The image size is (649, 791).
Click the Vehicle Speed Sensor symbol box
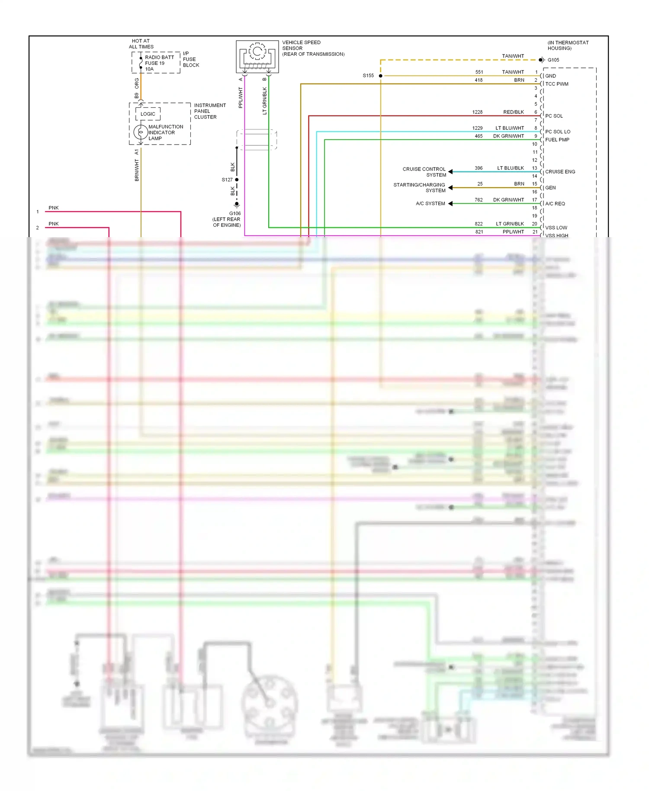(257, 57)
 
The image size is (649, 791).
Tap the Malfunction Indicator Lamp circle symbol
(141, 132)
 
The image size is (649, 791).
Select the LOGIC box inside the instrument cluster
(148, 114)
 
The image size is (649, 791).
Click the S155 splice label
(368, 76)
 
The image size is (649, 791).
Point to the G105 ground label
(553, 60)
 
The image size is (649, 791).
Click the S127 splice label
(227, 180)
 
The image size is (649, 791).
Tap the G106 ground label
(235, 213)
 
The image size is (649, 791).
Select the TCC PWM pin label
(557, 84)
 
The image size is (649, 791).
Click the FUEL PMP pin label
(557, 140)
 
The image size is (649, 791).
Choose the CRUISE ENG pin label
(560, 172)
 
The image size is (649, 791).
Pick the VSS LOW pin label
(556, 228)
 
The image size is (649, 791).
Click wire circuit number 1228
(477, 112)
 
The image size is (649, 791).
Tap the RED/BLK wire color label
(514, 112)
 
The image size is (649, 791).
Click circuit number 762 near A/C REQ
(479, 200)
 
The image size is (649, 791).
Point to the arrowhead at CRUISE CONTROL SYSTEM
(450, 172)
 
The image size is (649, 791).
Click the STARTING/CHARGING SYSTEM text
(419, 188)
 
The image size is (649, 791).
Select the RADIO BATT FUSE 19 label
(159, 60)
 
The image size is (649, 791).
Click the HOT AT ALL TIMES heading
(141, 44)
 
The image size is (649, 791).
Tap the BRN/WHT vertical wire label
(137, 170)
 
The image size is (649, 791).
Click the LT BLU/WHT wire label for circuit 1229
(510, 128)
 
